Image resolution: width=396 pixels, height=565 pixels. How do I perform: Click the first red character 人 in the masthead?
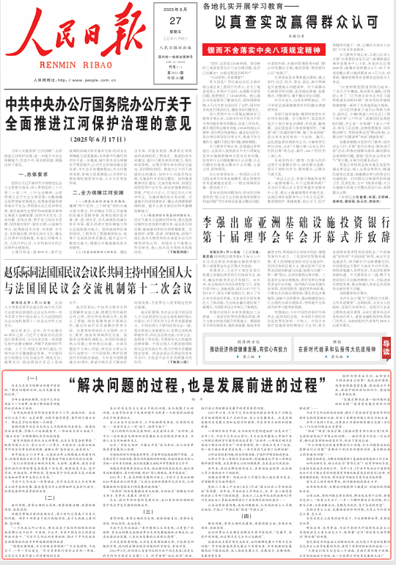pos(25,31)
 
